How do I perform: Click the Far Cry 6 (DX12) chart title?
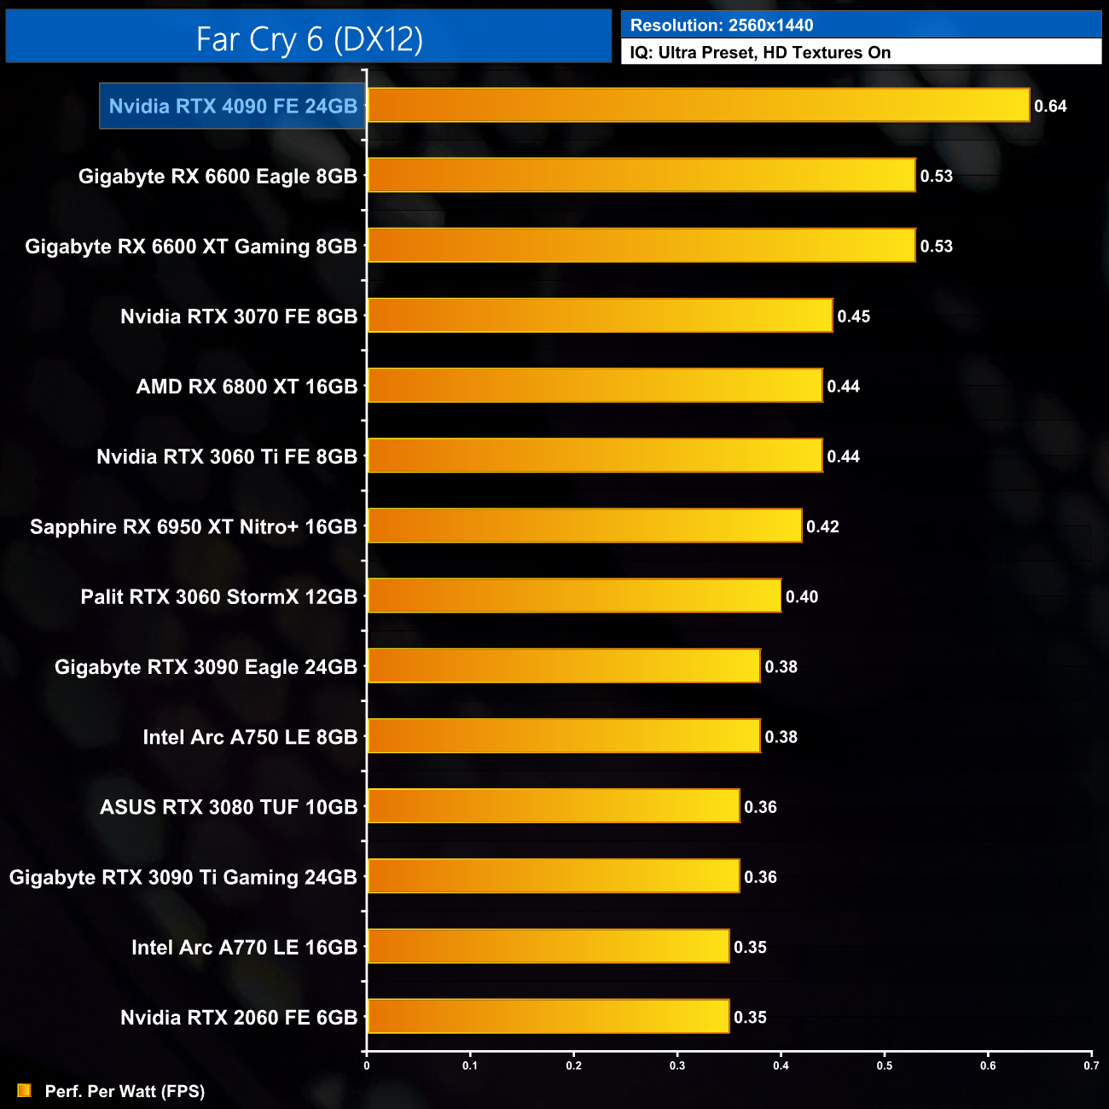(309, 38)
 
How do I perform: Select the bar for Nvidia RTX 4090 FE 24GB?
(698, 106)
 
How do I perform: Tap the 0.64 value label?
(1050, 107)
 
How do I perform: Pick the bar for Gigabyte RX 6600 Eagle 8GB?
(641, 176)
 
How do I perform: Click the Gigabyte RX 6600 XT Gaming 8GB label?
(191, 247)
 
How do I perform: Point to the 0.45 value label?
(853, 316)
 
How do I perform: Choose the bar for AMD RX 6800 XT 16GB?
(595, 386)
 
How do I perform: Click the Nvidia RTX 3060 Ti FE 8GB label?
(227, 456)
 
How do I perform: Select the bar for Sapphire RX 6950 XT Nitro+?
(584, 525)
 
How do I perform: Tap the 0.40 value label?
(801, 597)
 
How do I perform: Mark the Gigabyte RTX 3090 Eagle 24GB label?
(206, 667)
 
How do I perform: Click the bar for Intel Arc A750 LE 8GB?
(563, 736)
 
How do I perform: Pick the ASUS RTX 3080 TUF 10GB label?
(229, 807)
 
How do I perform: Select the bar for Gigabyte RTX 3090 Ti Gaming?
(553, 876)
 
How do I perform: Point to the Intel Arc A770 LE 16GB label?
(244, 947)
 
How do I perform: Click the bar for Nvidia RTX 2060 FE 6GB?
(548, 1016)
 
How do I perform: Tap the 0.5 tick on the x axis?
(885, 1065)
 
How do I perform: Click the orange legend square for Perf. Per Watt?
(24, 1090)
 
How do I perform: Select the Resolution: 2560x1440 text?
(722, 25)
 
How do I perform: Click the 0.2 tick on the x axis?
(574, 1065)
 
